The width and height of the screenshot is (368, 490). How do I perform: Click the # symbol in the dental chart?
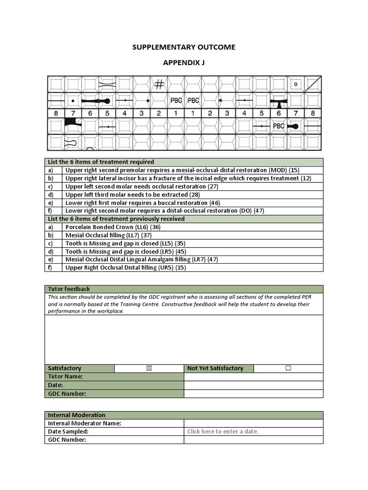(159, 85)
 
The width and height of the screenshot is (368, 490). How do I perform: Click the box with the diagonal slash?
(313, 84)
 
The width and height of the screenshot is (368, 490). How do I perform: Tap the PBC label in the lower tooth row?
(279, 126)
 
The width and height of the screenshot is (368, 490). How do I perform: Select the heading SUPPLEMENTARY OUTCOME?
(184, 47)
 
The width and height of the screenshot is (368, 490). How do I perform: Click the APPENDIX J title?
(184, 63)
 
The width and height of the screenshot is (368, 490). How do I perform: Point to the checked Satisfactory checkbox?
(149, 368)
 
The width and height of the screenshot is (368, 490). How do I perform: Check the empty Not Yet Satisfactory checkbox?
(288, 368)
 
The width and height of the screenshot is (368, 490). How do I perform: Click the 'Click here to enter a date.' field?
(223, 431)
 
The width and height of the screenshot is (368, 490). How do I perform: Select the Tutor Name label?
(66, 377)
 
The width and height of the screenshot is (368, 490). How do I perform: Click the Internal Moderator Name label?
(85, 423)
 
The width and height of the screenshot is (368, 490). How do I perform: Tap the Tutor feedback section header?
(69, 289)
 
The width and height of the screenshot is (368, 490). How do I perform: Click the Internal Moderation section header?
(77, 415)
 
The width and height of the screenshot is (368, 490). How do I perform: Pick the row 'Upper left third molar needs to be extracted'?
(133, 194)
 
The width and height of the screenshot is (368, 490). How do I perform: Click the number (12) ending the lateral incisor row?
(305, 178)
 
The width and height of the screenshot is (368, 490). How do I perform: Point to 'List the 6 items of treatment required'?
(101, 162)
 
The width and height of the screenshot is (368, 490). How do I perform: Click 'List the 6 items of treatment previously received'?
(116, 219)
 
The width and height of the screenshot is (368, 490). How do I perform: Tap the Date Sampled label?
(68, 431)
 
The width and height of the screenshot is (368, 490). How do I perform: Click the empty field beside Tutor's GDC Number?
(253, 393)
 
